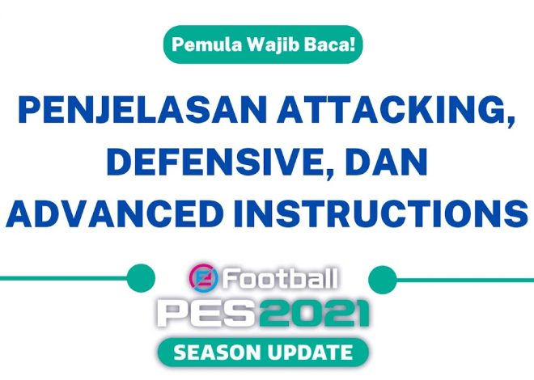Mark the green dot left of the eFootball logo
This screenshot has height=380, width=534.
coord(141,279)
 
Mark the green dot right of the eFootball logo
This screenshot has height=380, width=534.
coord(382,279)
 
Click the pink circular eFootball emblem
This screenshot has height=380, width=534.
coord(202,279)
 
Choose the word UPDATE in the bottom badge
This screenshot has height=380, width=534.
coord(312,353)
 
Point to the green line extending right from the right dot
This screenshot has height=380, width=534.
coord(465,279)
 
